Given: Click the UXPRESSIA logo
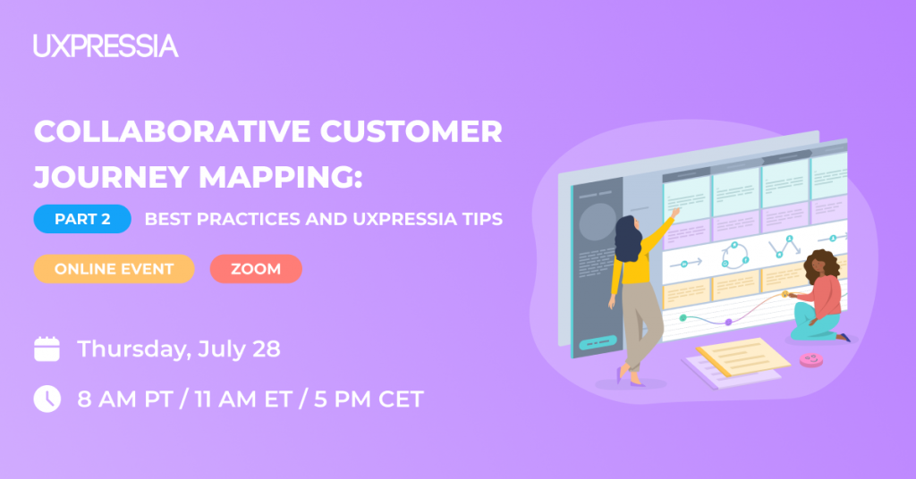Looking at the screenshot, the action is pos(106,46).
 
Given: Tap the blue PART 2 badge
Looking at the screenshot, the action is pos(82,219).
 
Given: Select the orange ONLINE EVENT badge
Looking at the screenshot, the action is pos(114,269).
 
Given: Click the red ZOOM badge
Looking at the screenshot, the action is pos(256,269).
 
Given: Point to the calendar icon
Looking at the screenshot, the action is pos(47,349).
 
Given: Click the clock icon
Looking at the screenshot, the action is pos(47,399).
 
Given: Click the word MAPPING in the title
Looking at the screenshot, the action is pos(280,177).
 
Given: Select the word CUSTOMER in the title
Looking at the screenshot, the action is pos(411,131).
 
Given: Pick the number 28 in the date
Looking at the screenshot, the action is pos(267,349).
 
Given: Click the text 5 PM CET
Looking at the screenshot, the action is pos(369,399).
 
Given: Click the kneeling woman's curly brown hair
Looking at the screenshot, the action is pos(823,265).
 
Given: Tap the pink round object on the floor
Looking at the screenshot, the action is pos(810,360).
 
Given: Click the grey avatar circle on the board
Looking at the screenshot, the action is pos(597,222).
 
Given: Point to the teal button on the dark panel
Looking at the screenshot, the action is pos(598,342).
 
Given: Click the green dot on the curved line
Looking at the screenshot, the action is pos(683,318).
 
